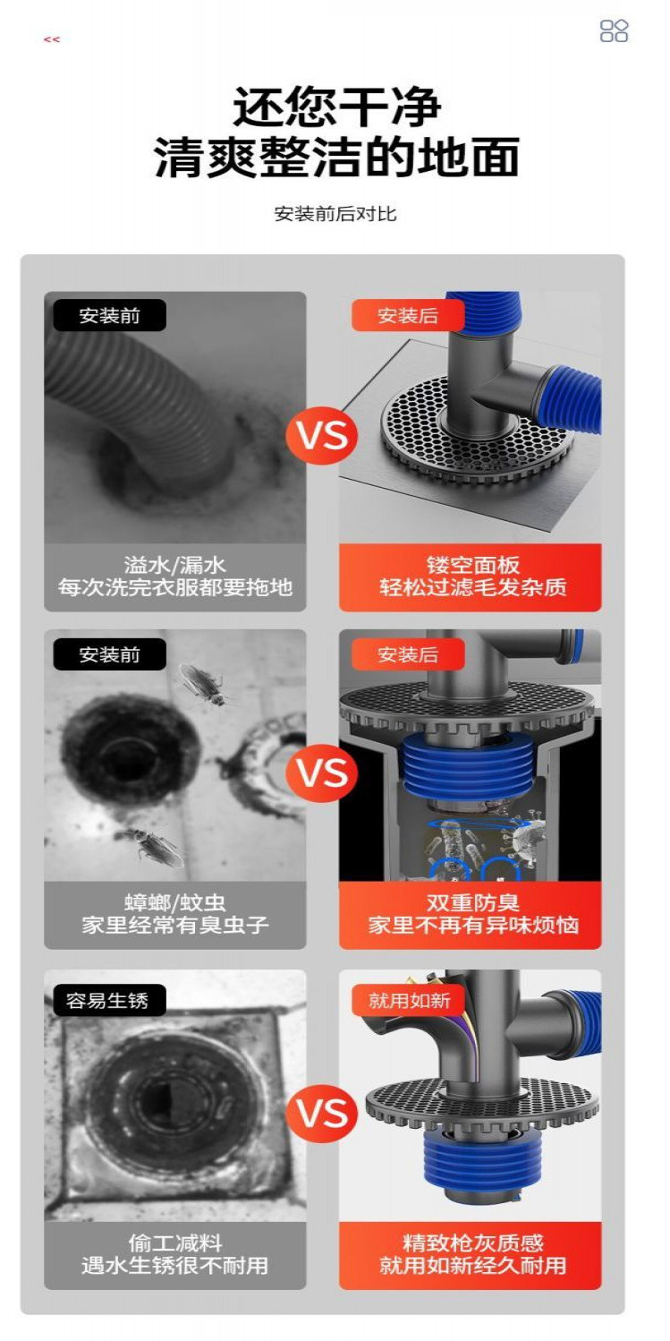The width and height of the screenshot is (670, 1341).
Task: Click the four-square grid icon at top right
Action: tap(614, 31)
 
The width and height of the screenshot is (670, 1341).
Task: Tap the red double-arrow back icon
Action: tap(52, 39)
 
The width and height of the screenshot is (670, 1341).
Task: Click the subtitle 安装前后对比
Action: tap(335, 214)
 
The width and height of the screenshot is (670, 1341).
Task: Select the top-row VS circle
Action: tap(321, 437)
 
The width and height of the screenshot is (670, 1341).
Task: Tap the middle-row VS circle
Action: tap(321, 772)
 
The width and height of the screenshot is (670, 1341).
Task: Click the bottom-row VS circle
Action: tap(321, 1114)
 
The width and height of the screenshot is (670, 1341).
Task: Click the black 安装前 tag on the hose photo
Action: tap(109, 316)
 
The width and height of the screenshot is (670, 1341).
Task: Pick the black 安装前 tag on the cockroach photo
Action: tap(109, 654)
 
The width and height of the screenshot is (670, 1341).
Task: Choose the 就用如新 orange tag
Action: tap(409, 1000)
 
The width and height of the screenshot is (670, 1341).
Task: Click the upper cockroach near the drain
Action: tap(201, 685)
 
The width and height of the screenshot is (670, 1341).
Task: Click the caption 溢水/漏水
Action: tap(175, 565)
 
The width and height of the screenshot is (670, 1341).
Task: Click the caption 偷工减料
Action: tap(175, 1243)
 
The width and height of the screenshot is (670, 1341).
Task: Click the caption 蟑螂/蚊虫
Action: tap(175, 902)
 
